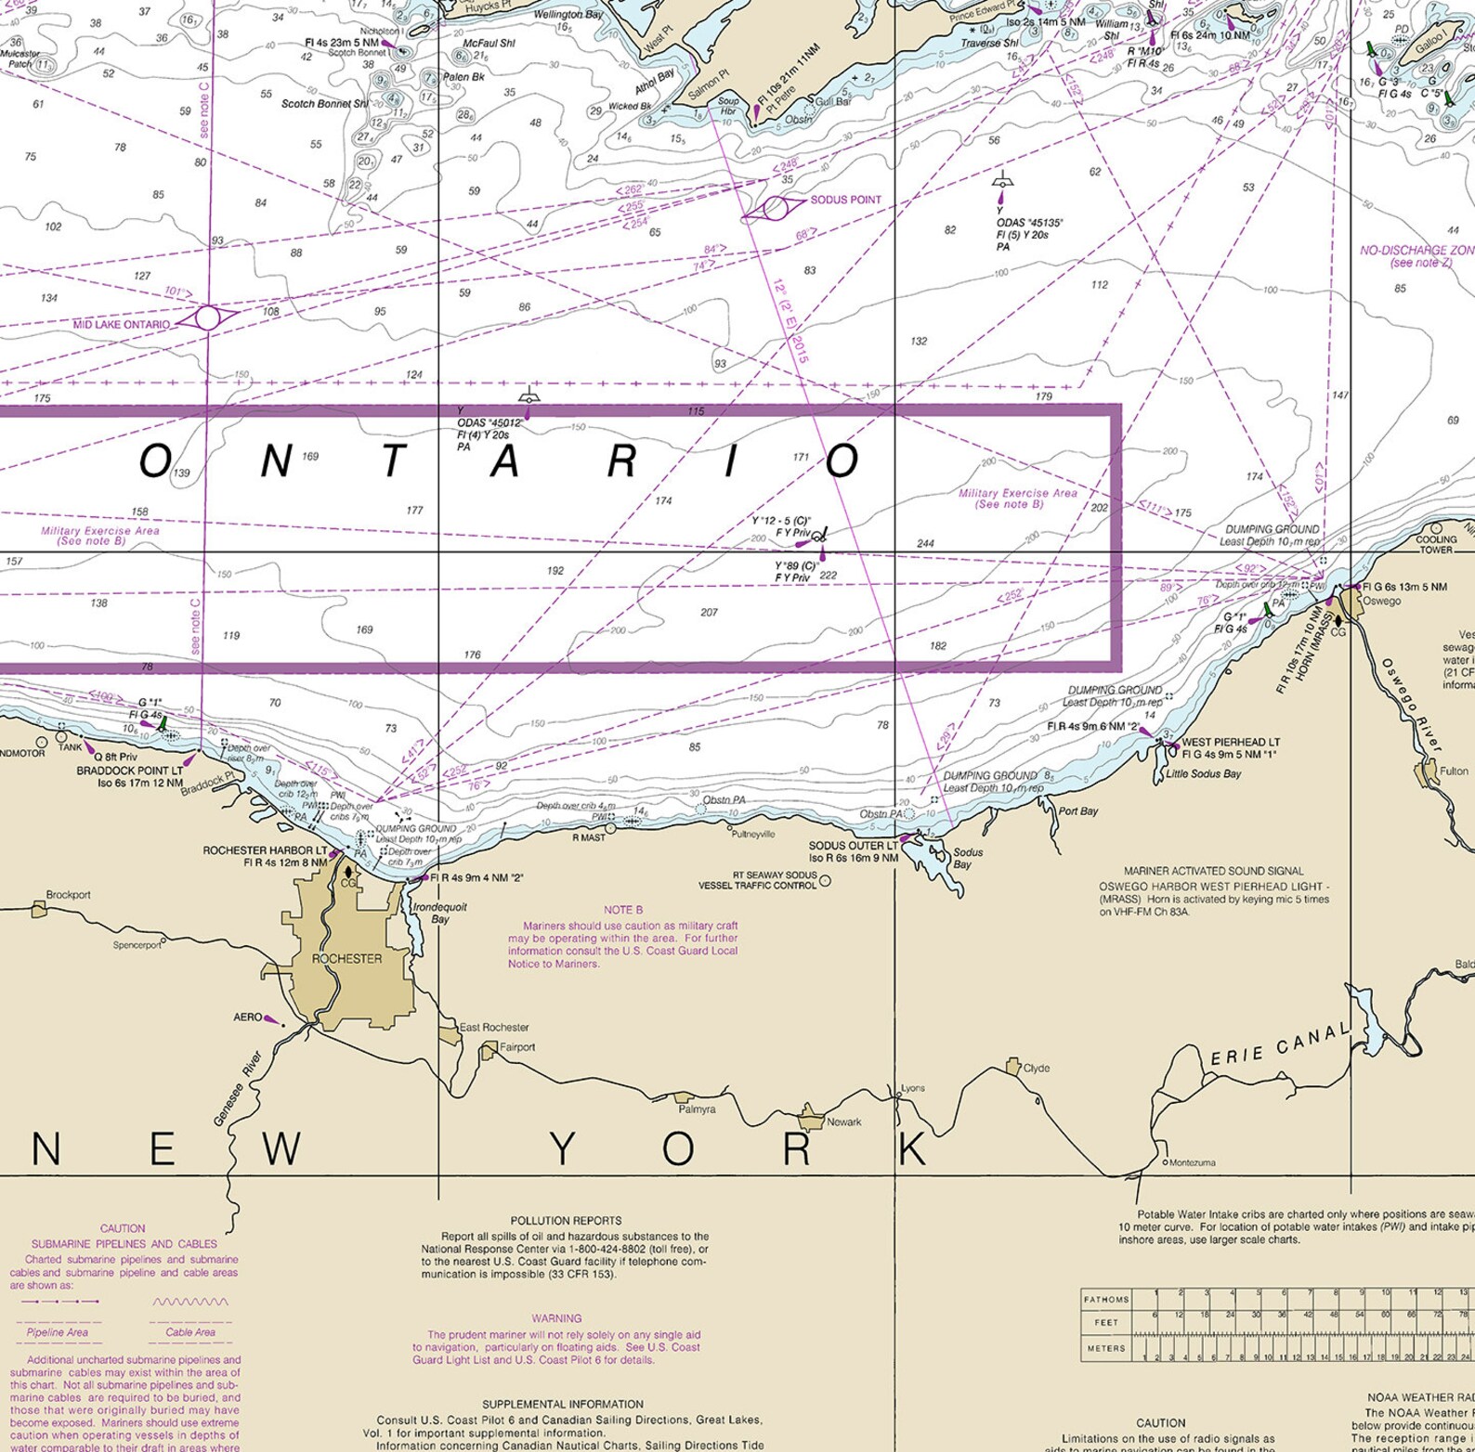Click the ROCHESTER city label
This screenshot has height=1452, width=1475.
point(346,958)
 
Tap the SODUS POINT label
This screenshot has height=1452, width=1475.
point(845,200)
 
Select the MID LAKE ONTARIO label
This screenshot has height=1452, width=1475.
point(121,325)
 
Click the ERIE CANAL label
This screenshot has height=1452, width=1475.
point(1279,1044)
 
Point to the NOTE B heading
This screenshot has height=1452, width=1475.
point(622,910)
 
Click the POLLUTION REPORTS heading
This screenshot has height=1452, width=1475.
point(566,1221)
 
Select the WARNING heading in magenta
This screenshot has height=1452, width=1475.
point(556,1318)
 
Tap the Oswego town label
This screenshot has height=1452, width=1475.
point(1382,601)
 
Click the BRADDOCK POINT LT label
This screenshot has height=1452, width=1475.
point(129,771)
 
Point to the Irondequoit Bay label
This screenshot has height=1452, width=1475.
point(439,913)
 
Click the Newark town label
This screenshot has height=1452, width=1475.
point(843,1121)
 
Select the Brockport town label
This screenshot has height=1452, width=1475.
point(69,895)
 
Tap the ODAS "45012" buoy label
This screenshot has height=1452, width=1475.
point(489,422)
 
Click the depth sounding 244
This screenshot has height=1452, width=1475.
point(925,543)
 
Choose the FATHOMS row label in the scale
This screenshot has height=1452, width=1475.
point(1106,1299)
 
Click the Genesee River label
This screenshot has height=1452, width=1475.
point(239,1089)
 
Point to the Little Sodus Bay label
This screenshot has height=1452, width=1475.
point(1203,773)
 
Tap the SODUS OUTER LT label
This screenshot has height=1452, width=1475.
point(853,846)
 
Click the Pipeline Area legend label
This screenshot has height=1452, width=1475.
point(58,1332)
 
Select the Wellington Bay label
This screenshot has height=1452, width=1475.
point(568,15)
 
